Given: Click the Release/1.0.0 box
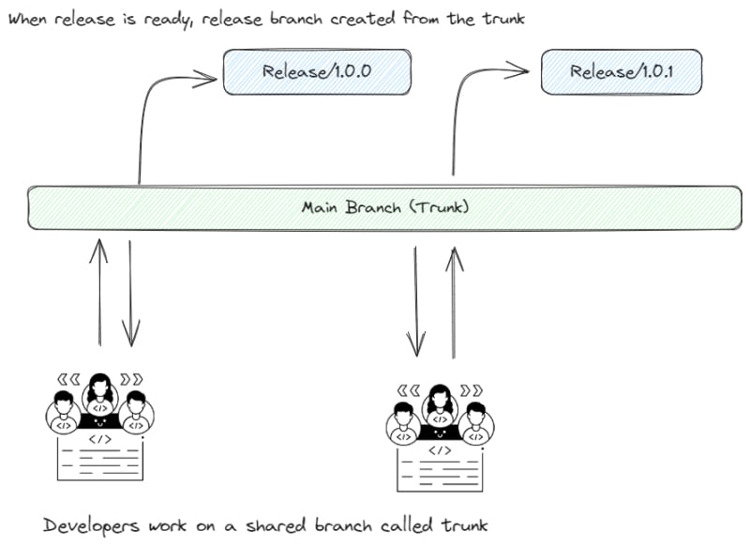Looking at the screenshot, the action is click(317, 72).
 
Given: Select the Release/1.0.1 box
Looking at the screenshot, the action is click(622, 72).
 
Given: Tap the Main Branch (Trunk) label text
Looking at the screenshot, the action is click(385, 207).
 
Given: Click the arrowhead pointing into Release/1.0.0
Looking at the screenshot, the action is click(204, 79).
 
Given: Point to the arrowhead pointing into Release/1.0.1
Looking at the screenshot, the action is click(517, 70).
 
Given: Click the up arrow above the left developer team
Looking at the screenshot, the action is click(99, 293).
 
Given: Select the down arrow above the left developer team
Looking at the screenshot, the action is click(130, 294).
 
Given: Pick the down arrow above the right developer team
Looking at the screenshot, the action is click(415, 301).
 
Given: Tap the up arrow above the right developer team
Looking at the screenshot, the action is click(454, 302).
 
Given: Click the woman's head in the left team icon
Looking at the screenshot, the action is click(100, 387).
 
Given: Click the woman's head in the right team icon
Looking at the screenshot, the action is click(440, 397).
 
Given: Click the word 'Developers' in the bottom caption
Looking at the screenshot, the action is click(91, 526).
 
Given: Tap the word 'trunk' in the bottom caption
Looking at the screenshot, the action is click(464, 525).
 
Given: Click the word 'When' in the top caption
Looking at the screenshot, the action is click(28, 19).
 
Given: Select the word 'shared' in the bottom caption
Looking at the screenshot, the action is click(276, 525).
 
